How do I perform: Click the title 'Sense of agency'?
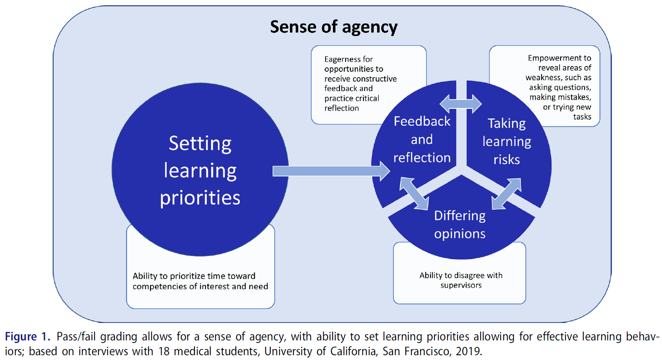coord(333,27)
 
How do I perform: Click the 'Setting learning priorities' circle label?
coord(200,170)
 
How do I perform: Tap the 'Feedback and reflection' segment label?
coord(422,139)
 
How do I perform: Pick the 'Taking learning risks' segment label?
coord(506,141)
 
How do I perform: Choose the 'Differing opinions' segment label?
coord(460,225)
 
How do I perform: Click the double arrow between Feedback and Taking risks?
coord(460,104)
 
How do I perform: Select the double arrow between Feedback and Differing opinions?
coord(414,193)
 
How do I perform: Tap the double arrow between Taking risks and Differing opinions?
coord(506,193)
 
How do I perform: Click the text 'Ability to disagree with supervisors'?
coord(460,280)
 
